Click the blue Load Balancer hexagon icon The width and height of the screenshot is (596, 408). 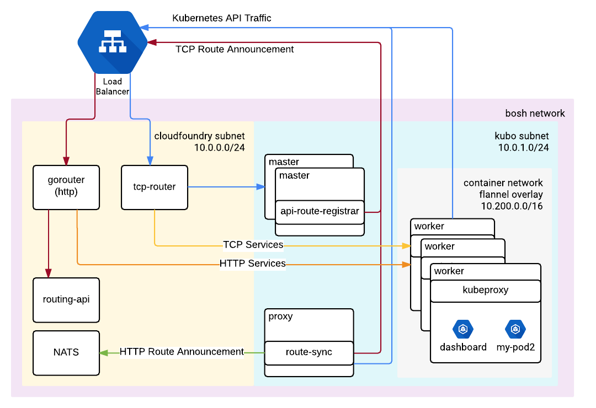point(113,43)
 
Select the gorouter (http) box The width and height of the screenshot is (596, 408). point(66,187)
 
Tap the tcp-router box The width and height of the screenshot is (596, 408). point(155,187)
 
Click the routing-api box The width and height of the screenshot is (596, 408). point(66,300)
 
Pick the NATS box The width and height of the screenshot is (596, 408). point(66,352)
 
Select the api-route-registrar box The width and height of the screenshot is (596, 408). point(320,211)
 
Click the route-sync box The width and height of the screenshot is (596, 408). point(308,352)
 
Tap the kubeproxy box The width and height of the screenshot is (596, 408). point(485,290)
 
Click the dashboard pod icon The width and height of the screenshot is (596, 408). point(463,329)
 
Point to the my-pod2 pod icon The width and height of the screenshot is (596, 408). point(515,329)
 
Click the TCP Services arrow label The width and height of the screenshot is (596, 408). point(253,245)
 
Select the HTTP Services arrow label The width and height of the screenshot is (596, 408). point(253,264)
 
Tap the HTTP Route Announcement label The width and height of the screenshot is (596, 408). point(182,352)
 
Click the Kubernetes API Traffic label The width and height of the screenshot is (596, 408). point(222,18)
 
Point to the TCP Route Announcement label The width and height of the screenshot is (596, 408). point(235,49)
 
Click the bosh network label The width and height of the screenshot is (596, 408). point(535,114)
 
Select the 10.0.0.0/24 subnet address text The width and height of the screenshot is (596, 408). point(219,147)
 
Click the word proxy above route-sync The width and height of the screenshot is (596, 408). point(280,316)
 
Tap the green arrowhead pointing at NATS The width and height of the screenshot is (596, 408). point(103,352)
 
